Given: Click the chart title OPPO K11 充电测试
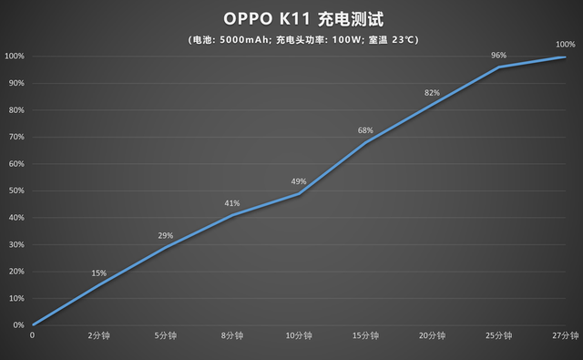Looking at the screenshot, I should [x=291, y=19].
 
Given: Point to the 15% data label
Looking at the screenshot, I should [x=99, y=273].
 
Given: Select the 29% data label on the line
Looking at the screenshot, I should [x=166, y=236].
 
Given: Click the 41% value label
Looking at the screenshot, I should [x=232, y=203].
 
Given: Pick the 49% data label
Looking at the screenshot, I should [x=299, y=181].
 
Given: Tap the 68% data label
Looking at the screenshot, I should [x=365, y=131].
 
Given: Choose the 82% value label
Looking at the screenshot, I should [x=432, y=93].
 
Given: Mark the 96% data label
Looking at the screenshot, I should [x=498, y=56].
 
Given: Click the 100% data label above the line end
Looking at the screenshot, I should [x=565, y=45].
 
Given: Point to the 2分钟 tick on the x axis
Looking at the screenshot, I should [x=99, y=336].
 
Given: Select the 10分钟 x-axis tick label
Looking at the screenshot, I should [x=299, y=336].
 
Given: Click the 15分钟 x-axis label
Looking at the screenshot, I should [x=365, y=336].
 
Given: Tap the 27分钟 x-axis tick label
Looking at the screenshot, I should [x=565, y=336].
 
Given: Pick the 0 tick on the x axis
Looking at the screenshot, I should [x=33, y=336].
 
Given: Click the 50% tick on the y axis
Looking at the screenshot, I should [x=15, y=190].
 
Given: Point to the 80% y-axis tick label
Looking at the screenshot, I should [x=15, y=110].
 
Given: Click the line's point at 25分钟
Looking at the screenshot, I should [x=498, y=67].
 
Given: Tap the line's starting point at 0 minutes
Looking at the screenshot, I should [x=33, y=324].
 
